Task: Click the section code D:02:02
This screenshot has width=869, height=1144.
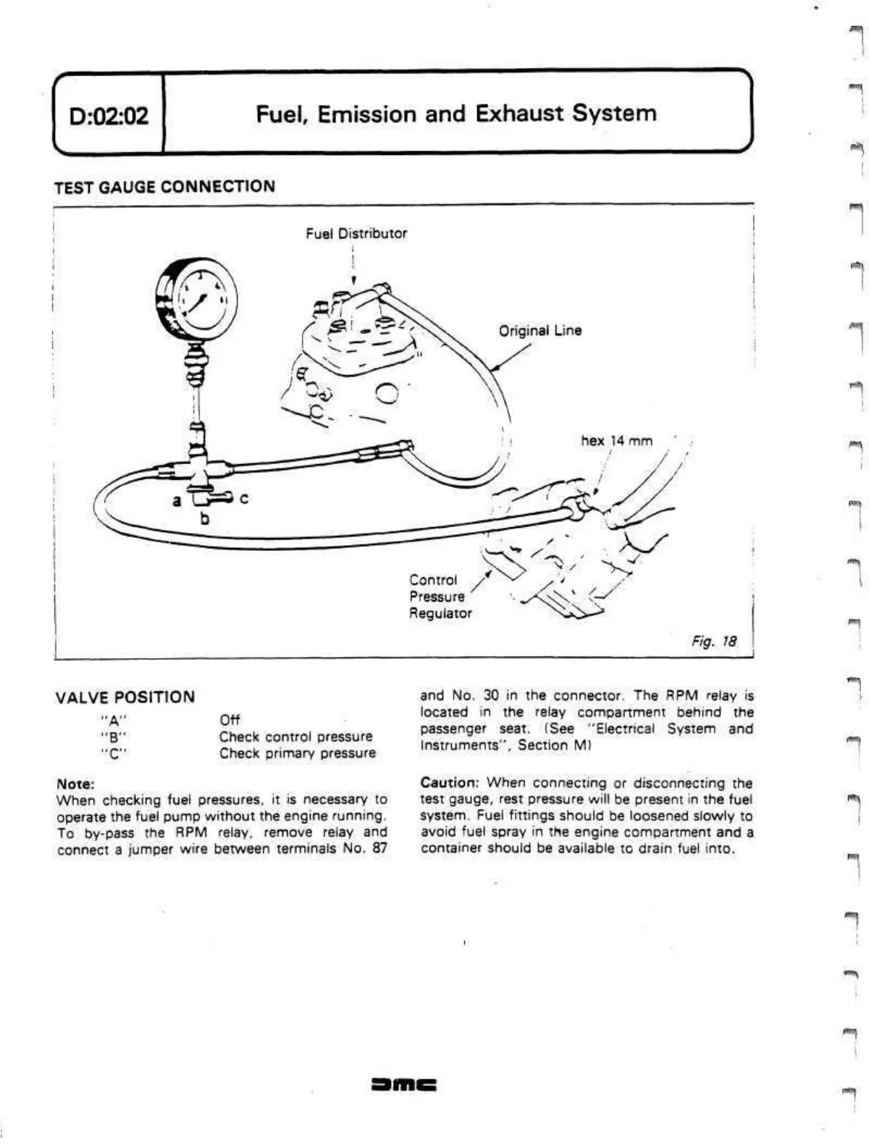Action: tap(109, 116)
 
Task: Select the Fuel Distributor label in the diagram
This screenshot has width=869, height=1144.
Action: tap(356, 234)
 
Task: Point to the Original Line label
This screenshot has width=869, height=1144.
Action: tap(540, 331)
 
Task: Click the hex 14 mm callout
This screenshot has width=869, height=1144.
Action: tap(616, 441)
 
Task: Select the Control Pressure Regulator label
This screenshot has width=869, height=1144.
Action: tap(440, 597)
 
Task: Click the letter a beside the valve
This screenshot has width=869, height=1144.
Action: tap(176, 500)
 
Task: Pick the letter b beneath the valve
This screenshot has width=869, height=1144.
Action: tap(205, 518)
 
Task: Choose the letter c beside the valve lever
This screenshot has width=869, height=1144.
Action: tap(243, 499)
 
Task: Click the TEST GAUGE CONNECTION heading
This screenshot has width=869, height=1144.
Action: tap(165, 187)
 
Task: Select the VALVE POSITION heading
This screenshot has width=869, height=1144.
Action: tap(125, 697)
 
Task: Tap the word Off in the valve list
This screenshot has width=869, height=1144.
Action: tap(230, 720)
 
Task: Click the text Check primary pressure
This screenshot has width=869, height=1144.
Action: tap(298, 753)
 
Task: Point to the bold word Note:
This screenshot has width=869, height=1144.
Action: tap(75, 784)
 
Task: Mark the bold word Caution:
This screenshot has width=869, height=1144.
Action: tap(450, 783)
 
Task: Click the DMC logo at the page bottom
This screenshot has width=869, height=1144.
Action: tap(404, 1085)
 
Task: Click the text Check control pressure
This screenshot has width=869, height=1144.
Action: tap(295, 736)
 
